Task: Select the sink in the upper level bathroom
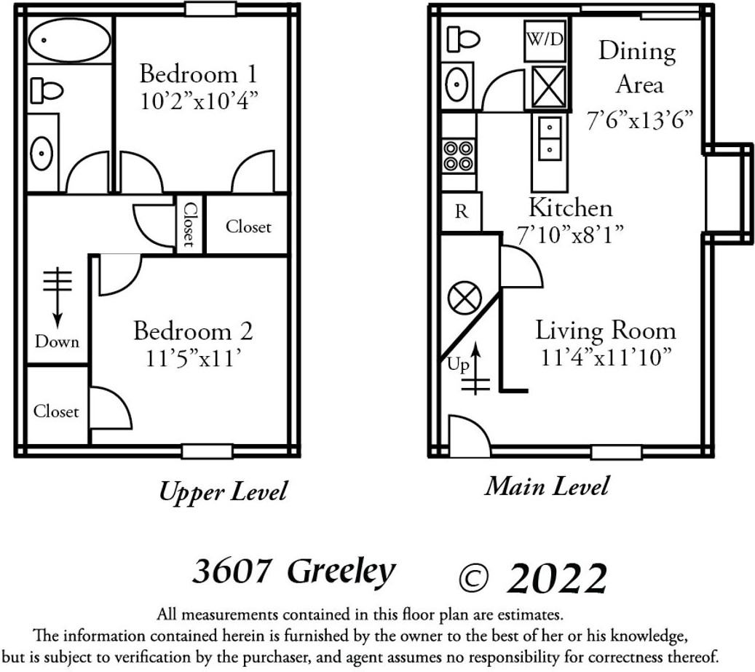(x=41, y=154)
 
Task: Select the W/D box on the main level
(x=545, y=40)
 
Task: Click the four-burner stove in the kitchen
(x=459, y=155)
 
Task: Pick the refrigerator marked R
(x=461, y=212)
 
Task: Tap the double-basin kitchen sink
(x=550, y=138)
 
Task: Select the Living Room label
(x=605, y=331)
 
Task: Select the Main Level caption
(x=546, y=486)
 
